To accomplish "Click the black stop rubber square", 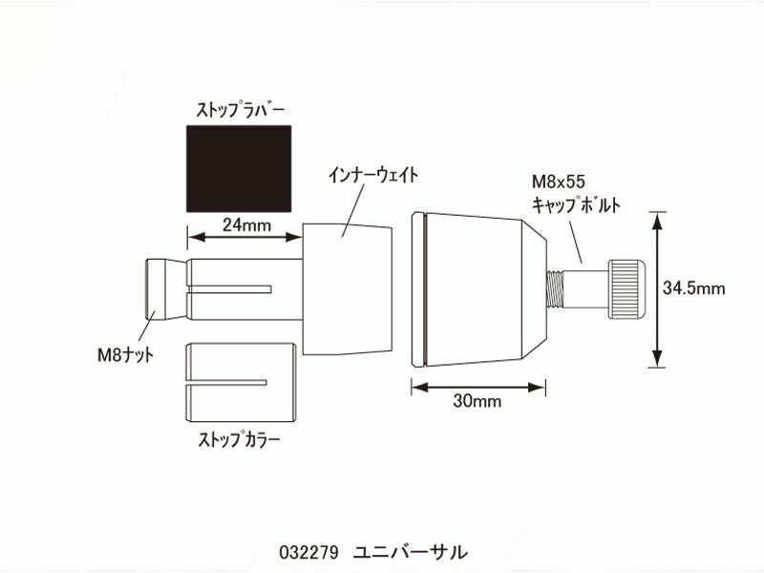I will (238, 168).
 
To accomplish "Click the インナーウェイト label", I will (373, 176).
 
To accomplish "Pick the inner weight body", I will (348, 289).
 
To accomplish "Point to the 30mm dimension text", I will (478, 401).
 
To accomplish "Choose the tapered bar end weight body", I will (477, 288).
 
